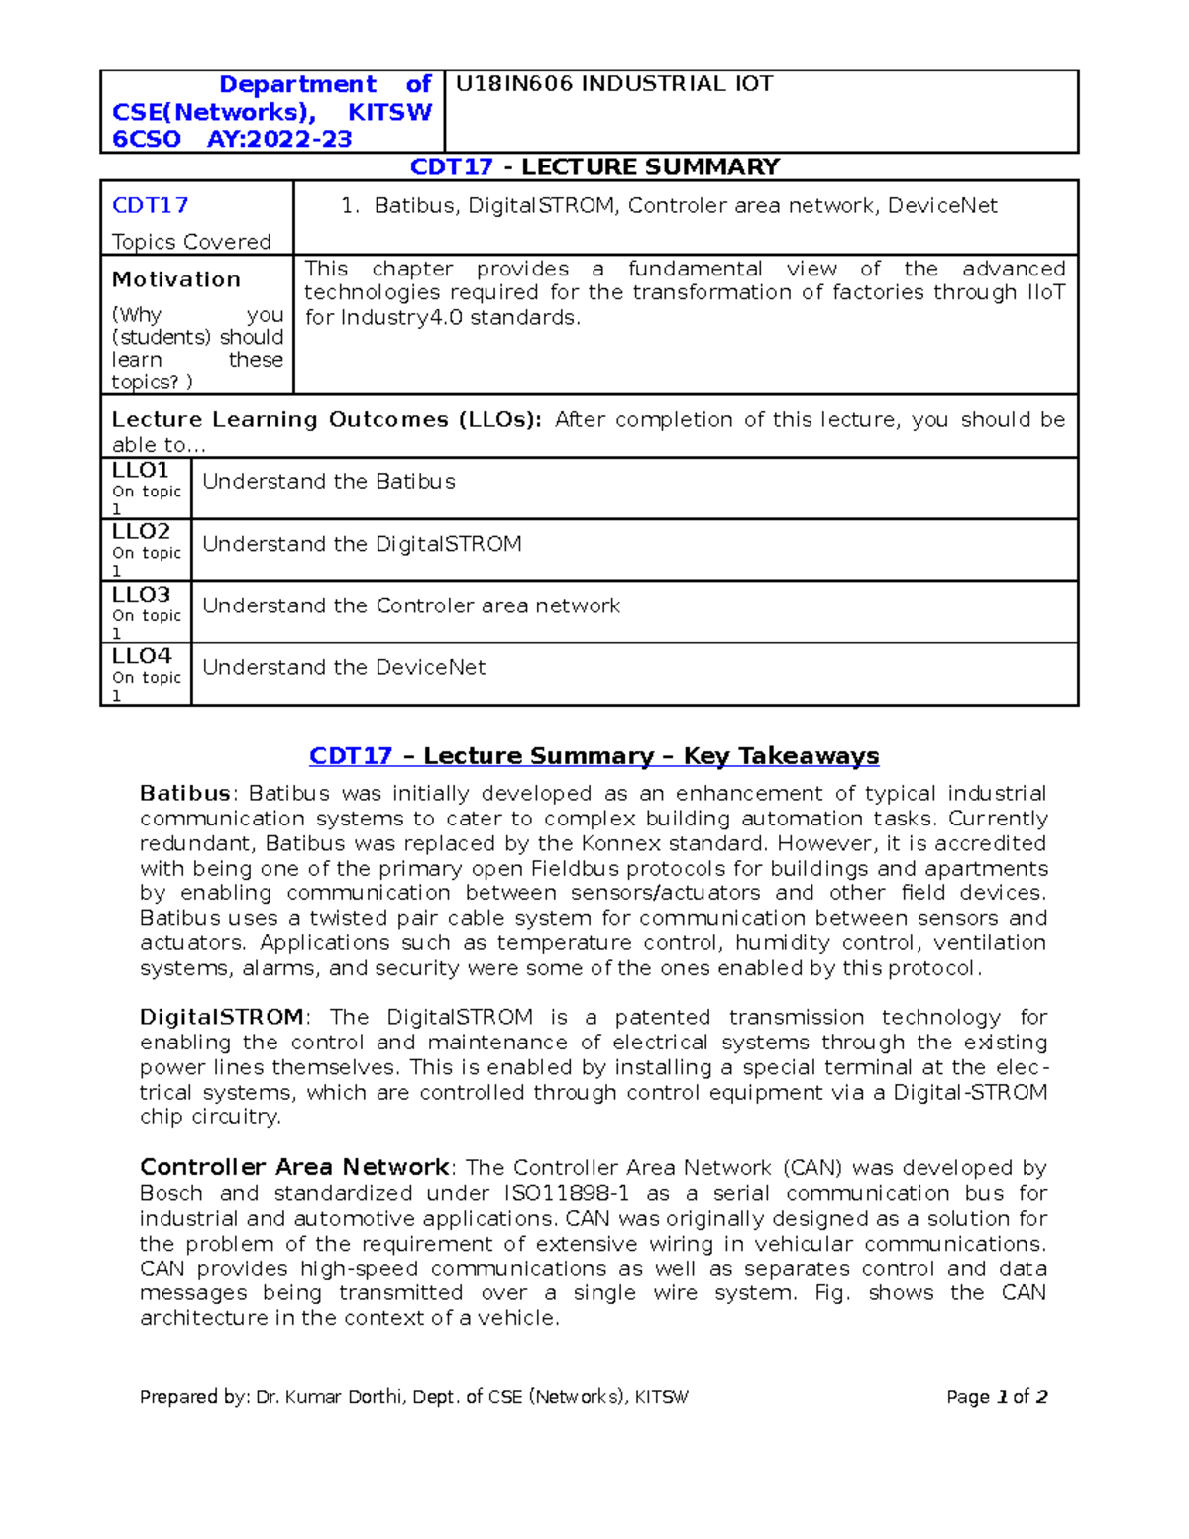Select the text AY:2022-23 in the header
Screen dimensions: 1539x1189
click(x=279, y=139)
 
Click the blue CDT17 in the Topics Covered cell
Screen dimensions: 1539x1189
click(x=150, y=205)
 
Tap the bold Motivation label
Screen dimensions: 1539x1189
click(x=176, y=279)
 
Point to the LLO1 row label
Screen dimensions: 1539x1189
click(x=141, y=471)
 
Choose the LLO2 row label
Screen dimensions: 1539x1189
click(x=141, y=532)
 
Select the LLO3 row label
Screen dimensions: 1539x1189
click(x=141, y=595)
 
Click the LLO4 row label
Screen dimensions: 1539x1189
click(x=141, y=656)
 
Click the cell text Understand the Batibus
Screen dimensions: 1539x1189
click(x=329, y=482)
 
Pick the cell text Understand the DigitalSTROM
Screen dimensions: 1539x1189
click(x=362, y=544)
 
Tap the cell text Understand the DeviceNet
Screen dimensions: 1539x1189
click(x=344, y=668)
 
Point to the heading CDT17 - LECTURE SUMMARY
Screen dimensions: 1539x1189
click(x=594, y=166)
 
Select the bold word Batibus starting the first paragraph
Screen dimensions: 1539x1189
click(x=185, y=794)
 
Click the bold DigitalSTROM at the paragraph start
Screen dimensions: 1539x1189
click(x=222, y=1018)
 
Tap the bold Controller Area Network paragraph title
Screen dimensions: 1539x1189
click(x=294, y=1167)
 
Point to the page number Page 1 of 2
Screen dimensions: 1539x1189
click(x=997, y=1397)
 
